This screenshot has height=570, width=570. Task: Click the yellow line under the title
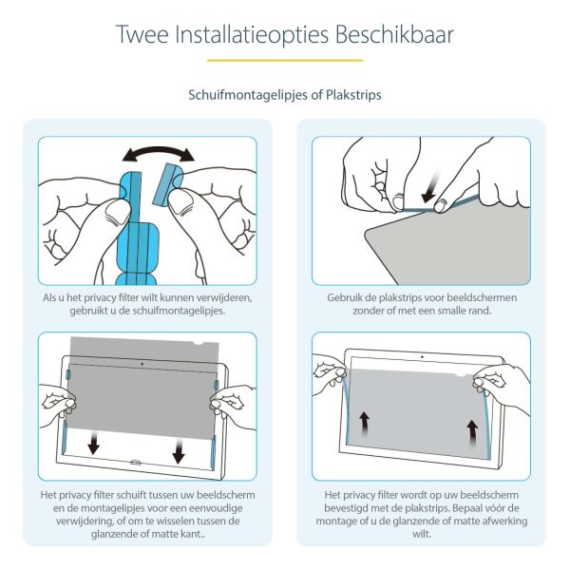pyautogui.click(x=285, y=61)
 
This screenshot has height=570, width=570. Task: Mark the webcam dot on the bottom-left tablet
pyautogui.click(x=142, y=363)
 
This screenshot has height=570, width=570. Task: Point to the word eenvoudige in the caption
pyautogui.click(x=218, y=509)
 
